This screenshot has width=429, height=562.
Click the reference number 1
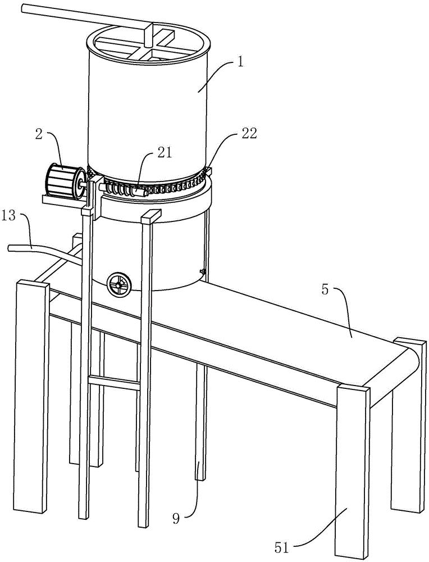click(240, 61)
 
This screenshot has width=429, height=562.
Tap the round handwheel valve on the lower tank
click(118, 284)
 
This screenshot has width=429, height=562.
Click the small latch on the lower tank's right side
click(203, 273)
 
